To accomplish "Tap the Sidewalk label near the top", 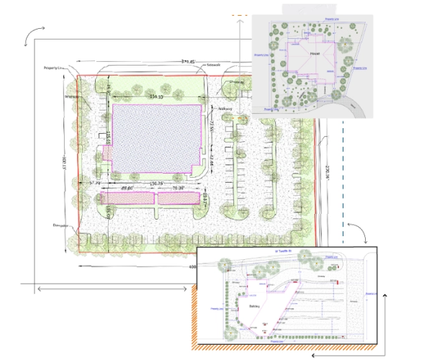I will (213, 64).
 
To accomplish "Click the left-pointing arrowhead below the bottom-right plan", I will (314, 354).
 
